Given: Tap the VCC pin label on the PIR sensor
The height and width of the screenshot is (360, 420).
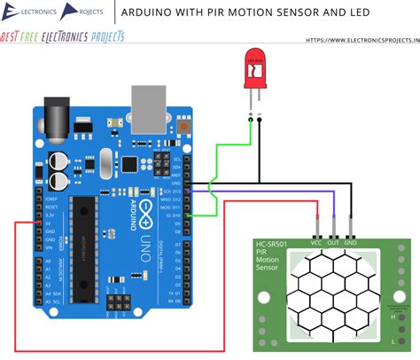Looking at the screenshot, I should pos(315,241).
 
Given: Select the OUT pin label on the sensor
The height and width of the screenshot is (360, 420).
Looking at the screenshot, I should pos(334,241).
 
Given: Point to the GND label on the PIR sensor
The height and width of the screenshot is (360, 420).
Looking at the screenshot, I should pos(352,241).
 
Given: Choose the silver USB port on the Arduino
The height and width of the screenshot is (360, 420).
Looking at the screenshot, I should pos(147,106).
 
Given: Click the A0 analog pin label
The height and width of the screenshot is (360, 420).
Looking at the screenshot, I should pos(50,264).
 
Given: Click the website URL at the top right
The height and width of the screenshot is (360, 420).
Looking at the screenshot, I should pos(362,39).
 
